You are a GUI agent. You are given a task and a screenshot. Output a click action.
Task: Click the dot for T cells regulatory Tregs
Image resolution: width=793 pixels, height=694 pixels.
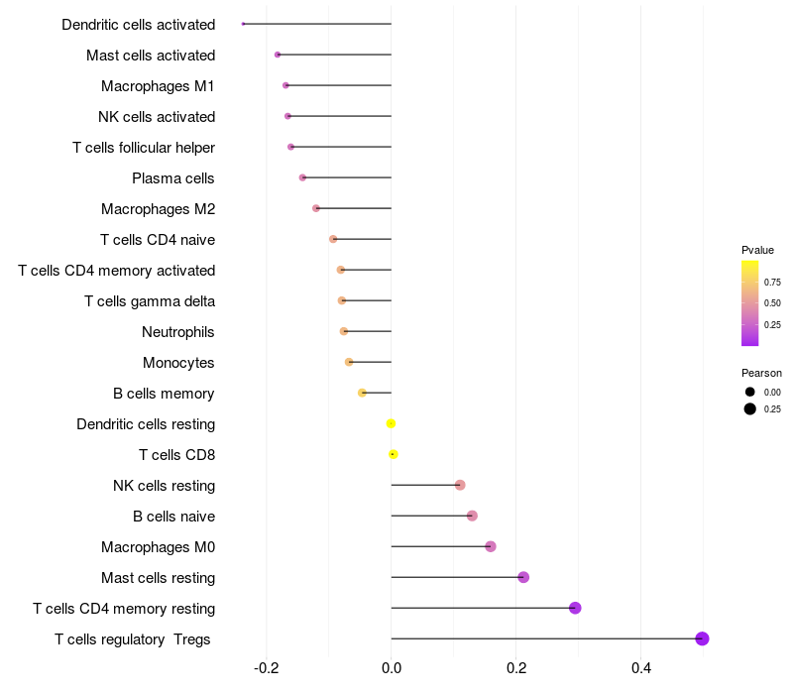click(702, 638)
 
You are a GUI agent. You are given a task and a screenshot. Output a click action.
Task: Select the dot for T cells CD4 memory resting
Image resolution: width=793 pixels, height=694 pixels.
click(575, 608)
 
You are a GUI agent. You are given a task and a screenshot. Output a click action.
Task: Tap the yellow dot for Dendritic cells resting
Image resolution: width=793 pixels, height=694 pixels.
click(391, 424)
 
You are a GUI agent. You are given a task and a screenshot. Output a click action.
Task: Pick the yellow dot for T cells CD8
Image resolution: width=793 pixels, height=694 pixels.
click(393, 454)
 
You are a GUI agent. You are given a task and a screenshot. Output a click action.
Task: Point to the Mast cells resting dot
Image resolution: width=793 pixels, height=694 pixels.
click(523, 577)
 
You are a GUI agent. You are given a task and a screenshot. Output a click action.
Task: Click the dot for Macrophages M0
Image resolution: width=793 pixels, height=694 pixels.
click(491, 546)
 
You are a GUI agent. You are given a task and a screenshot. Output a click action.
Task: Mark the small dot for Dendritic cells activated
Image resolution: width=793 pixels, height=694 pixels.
click(243, 24)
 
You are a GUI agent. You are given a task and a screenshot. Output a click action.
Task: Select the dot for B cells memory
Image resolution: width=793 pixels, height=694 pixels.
click(362, 393)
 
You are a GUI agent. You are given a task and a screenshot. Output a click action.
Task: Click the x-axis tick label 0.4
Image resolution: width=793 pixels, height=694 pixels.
click(640, 668)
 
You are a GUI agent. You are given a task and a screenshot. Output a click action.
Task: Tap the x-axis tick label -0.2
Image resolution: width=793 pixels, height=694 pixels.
click(266, 668)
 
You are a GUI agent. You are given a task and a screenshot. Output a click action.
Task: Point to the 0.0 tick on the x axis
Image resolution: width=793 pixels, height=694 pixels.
click(391, 668)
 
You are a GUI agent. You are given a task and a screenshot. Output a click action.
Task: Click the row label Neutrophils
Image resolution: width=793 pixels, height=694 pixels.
click(178, 332)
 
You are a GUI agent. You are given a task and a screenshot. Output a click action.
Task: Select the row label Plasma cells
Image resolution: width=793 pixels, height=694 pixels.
click(172, 178)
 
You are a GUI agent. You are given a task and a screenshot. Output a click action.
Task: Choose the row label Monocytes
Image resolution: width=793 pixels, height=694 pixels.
click(178, 363)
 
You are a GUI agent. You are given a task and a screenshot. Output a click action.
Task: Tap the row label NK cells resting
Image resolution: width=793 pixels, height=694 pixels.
click(164, 486)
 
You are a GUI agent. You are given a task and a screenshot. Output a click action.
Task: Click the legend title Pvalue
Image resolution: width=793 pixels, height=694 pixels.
click(757, 250)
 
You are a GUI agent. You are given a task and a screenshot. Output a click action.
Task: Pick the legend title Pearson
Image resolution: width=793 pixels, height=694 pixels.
click(761, 373)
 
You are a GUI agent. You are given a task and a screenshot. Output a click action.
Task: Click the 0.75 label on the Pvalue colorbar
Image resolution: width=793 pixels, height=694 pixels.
click(772, 283)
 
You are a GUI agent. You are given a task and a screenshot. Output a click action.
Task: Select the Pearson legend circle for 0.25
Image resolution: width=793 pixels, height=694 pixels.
click(750, 408)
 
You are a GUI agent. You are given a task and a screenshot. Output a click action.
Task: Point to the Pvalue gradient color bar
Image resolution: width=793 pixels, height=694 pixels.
click(750, 303)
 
